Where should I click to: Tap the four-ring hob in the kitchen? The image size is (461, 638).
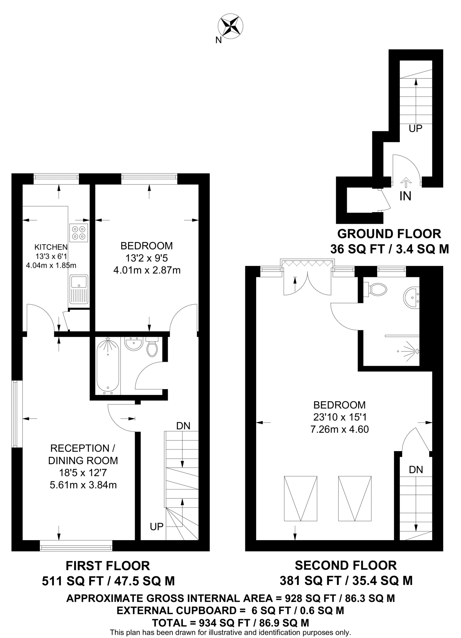point(79,233)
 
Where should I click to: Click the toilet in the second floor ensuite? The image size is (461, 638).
point(377,289)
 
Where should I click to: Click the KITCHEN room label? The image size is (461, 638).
point(51,247)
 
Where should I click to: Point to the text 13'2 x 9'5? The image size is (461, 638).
point(146,258)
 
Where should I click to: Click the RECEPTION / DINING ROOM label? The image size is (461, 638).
point(83,454)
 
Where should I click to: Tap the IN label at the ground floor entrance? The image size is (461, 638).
point(405,196)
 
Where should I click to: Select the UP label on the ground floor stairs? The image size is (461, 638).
point(415,128)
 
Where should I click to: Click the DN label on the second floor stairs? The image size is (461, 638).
point(416,469)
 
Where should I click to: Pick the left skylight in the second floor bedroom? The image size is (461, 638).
point(300,498)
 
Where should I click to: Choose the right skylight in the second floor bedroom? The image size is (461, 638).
point(355,498)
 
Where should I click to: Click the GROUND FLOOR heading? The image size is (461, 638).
point(389,234)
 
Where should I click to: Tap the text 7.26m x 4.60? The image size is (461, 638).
point(339,429)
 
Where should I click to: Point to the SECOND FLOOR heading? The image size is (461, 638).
point(346,565)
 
